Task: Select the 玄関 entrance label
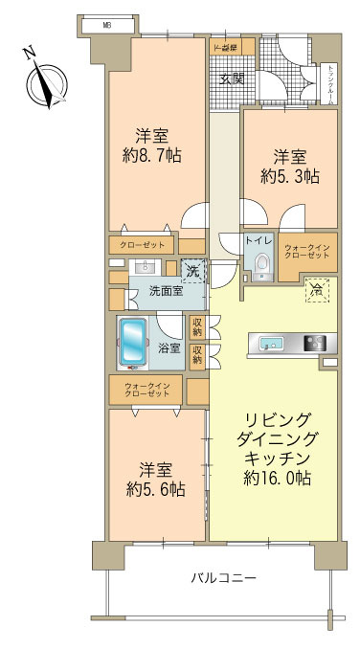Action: (x=231, y=78)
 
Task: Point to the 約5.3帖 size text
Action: (x=289, y=176)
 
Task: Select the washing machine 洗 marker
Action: (x=192, y=272)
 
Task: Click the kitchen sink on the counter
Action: (x=265, y=343)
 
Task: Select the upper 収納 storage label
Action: (x=196, y=327)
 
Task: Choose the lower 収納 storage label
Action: (x=196, y=356)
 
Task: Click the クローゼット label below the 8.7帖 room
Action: (x=141, y=244)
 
